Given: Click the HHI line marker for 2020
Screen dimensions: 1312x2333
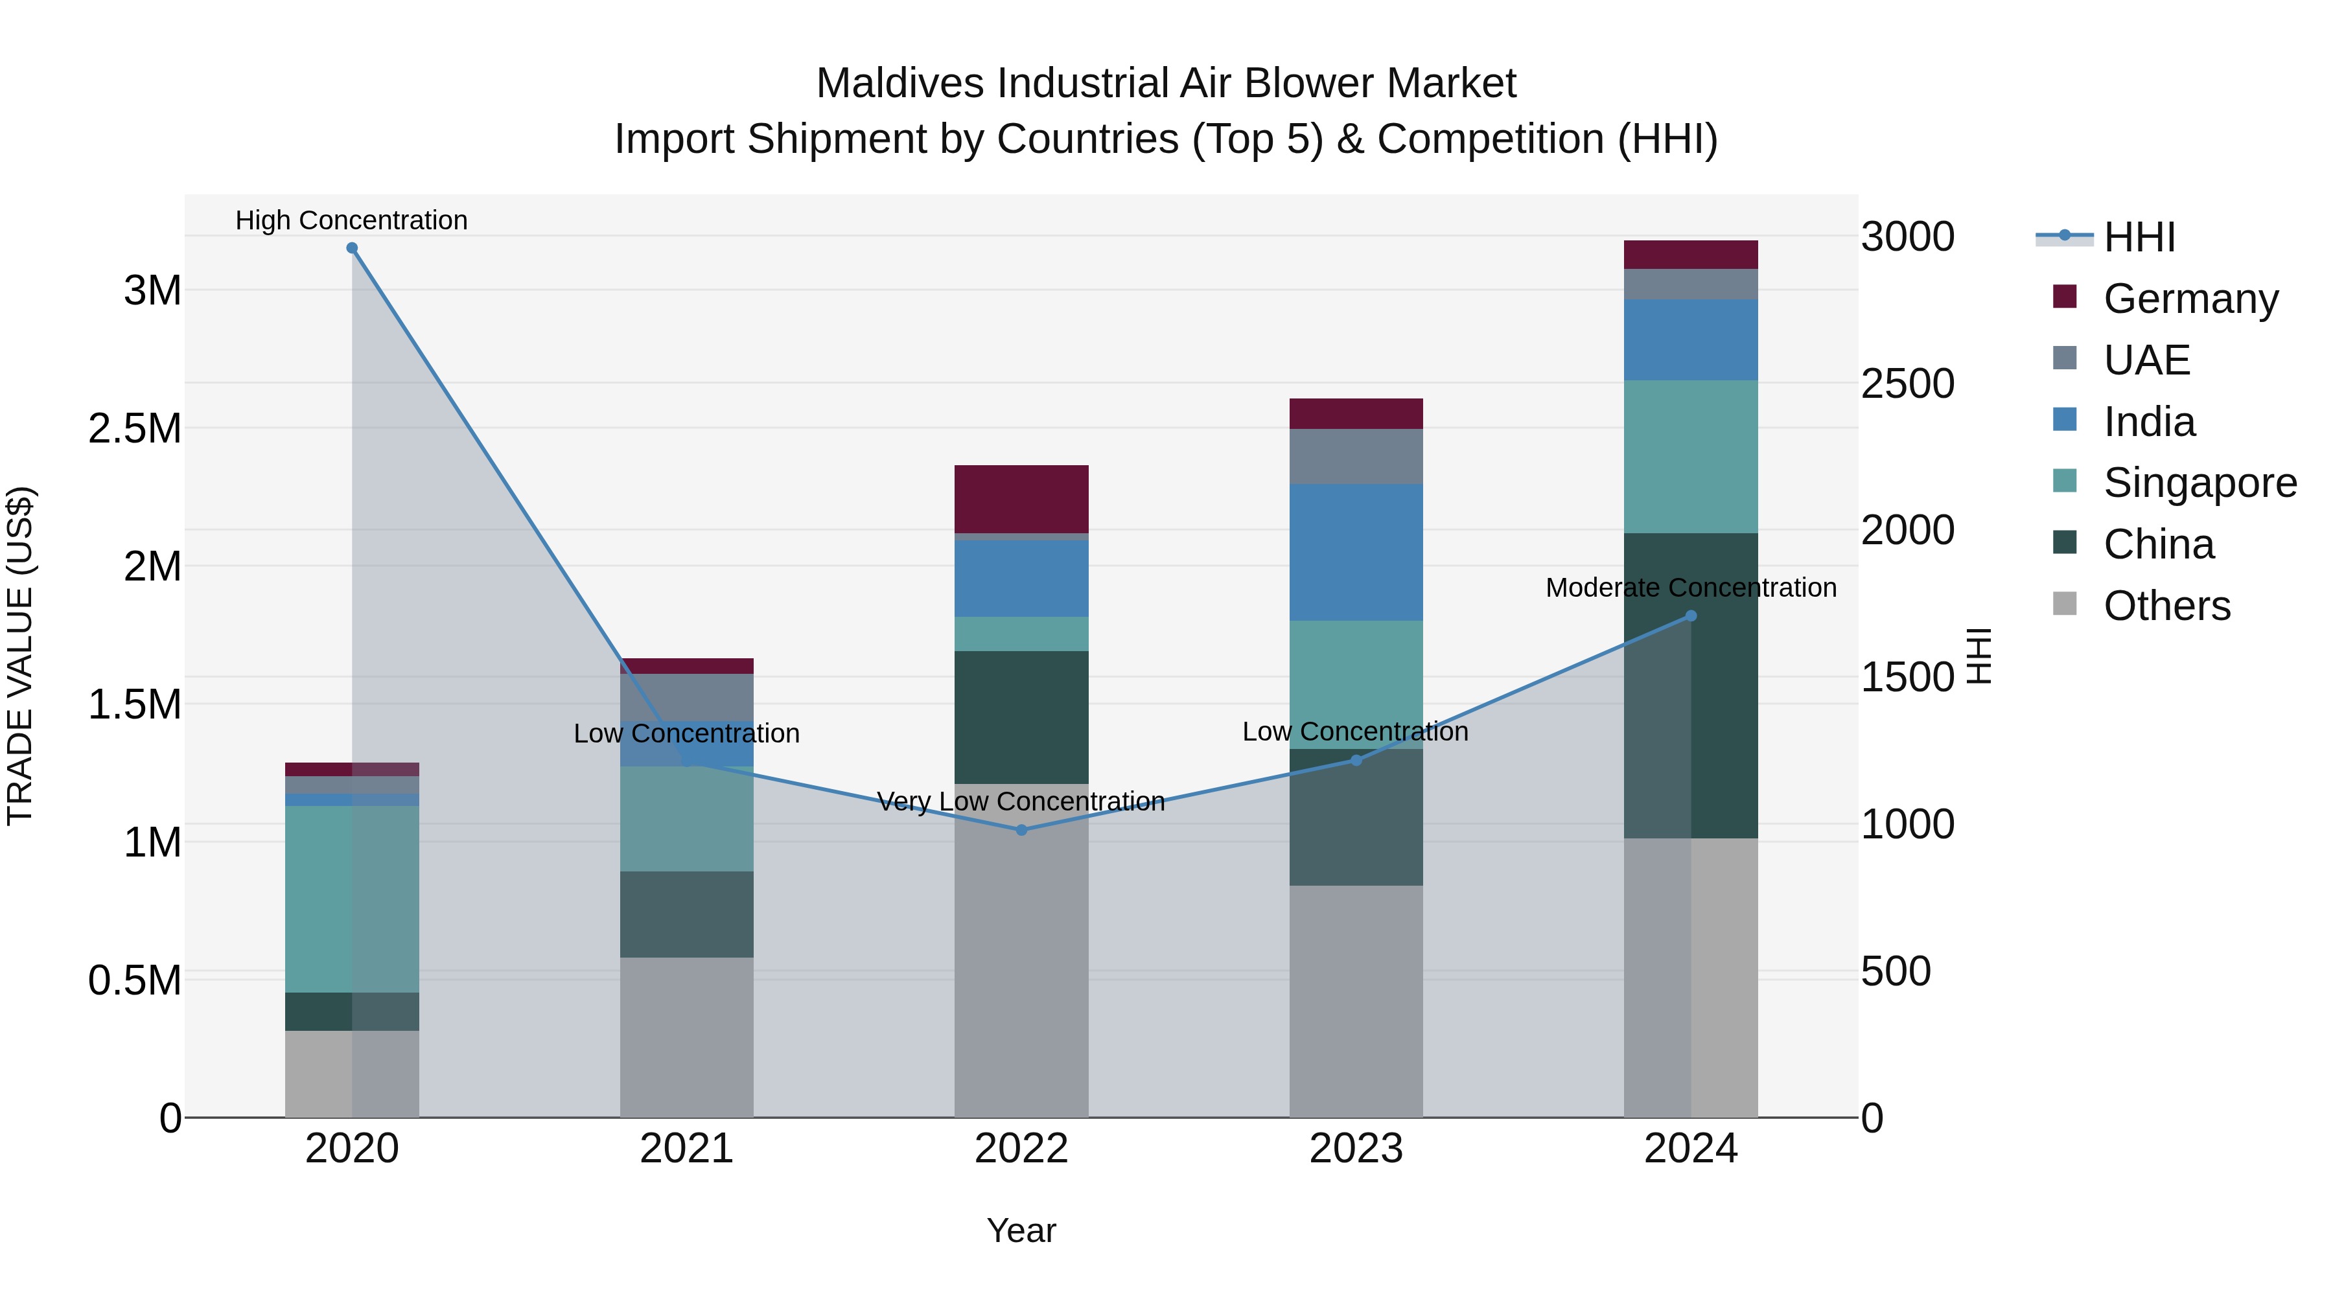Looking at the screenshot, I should tap(353, 248).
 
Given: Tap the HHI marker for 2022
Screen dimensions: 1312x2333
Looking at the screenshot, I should tap(1021, 829).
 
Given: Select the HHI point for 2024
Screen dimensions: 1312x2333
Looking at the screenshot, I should tap(1691, 616).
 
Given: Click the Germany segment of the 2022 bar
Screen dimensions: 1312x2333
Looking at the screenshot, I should tap(1021, 499).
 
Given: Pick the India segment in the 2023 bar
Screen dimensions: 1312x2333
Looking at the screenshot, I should tap(1356, 552).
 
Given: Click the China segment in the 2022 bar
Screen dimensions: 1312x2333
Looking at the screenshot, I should tap(1021, 717).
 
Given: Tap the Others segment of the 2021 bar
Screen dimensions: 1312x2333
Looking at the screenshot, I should tap(686, 1037).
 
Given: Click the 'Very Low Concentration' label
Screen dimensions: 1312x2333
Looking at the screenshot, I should tap(1021, 801).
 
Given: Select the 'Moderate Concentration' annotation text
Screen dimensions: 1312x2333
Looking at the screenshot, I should tap(1691, 588).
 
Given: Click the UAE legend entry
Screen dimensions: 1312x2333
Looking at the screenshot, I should tap(2146, 360).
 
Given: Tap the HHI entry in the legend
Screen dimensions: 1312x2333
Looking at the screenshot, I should tap(2139, 237).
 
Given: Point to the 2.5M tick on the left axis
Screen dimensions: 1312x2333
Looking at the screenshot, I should tap(135, 428).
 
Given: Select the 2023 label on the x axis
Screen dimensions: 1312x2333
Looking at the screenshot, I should tap(1356, 1149).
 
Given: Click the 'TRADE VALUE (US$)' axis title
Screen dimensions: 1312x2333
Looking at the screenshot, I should tap(20, 656).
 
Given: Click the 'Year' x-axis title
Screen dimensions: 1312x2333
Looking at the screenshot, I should tap(1021, 1230).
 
